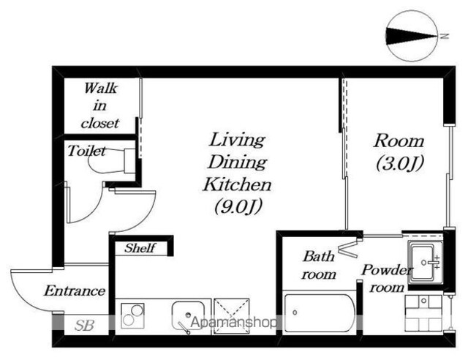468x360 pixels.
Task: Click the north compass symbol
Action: pyautogui.click(x=412, y=36)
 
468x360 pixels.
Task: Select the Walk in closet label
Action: pyautogui.click(x=100, y=105)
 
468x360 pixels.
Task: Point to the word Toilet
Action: pyautogui.click(x=86, y=151)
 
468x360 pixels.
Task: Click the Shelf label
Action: pyautogui.click(x=140, y=248)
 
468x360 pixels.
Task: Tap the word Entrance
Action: pyautogui.click(x=75, y=290)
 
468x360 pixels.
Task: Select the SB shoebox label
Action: pyautogui.click(x=85, y=326)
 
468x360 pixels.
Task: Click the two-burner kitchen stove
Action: pyautogui.click(x=132, y=315)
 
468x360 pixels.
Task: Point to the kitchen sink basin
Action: pyautogui.click(x=188, y=316)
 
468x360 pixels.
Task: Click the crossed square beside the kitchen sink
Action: pyautogui.click(x=232, y=316)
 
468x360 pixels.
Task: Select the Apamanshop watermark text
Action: pyautogui.click(x=233, y=323)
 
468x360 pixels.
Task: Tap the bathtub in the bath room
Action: pyautogui.click(x=320, y=313)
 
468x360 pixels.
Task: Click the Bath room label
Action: pyautogui.click(x=319, y=266)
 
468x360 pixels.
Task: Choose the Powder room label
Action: pyautogui.click(x=387, y=278)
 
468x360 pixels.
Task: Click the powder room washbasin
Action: pyautogui.click(x=424, y=263)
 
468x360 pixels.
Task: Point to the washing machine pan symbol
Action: pyautogui.click(x=423, y=312)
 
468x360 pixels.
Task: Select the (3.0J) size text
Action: pyautogui.click(x=399, y=164)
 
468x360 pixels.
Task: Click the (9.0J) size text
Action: pyautogui.click(x=238, y=206)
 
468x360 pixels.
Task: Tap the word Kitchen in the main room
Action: pyautogui.click(x=237, y=184)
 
